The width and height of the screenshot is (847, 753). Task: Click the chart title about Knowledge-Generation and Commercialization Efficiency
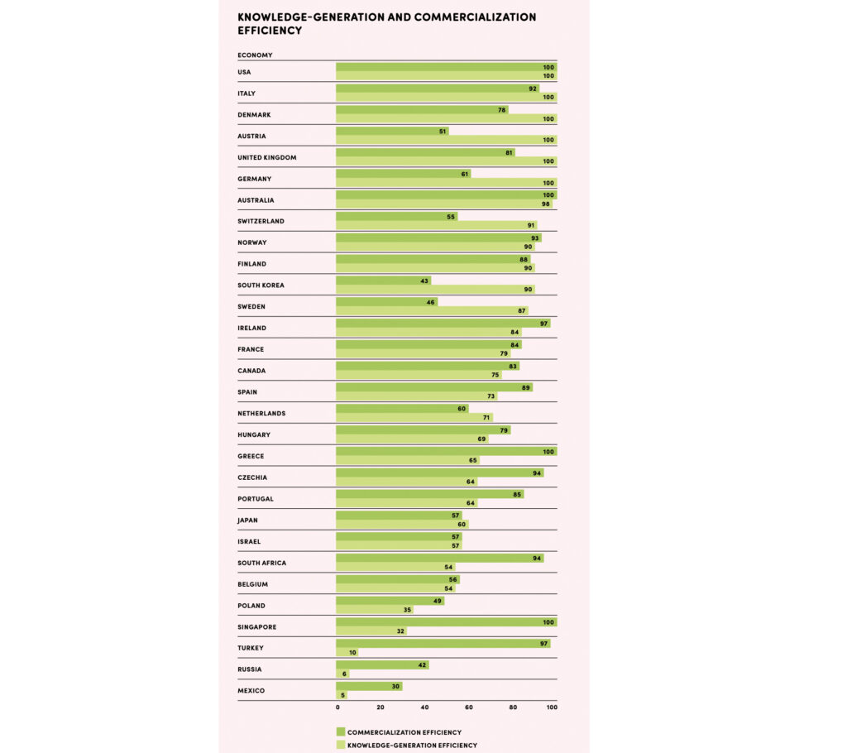(386, 23)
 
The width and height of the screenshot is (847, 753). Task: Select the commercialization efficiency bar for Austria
(392, 131)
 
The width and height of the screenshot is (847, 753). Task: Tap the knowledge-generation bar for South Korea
(435, 290)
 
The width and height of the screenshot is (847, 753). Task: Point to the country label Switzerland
(261, 221)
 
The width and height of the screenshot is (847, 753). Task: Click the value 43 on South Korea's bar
(424, 281)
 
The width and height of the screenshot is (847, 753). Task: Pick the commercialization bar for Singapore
(446, 621)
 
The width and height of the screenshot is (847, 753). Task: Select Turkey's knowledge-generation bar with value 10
(347, 652)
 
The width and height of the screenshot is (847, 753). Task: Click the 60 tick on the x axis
(469, 707)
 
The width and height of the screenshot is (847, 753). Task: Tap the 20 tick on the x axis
(380, 707)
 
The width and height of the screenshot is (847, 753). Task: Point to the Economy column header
(255, 55)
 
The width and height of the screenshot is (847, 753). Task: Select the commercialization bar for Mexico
(369, 686)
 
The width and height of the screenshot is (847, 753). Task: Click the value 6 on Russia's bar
(343, 674)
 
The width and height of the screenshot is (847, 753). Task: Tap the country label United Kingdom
(266, 157)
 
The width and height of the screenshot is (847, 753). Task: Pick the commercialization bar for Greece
(446, 451)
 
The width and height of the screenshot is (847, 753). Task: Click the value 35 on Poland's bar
(407, 610)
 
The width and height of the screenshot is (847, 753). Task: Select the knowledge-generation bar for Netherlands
(414, 418)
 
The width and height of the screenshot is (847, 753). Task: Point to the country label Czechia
(252, 477)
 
